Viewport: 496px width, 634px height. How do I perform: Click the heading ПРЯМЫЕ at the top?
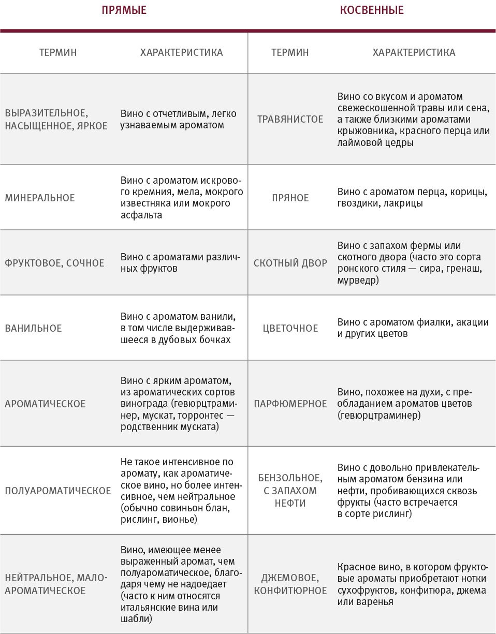pos(124,10)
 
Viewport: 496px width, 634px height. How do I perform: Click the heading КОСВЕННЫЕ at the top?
pos(372,10)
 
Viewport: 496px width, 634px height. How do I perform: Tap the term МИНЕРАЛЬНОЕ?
pos(40,198)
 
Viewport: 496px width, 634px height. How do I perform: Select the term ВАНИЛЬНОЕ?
pos(33,328)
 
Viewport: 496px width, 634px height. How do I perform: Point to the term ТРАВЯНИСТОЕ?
pos(290,119)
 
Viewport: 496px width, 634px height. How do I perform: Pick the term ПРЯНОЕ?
pos(290,198)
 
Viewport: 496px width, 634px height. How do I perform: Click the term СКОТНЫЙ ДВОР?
pos(290,263)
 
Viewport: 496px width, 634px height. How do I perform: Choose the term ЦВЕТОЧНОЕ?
pos(290,328)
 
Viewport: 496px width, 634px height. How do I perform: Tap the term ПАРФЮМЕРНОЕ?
pos(290,404)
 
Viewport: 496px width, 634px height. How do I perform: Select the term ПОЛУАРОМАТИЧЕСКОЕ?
pos(57,491)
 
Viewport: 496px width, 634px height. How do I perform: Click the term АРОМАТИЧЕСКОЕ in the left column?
pos(45,404)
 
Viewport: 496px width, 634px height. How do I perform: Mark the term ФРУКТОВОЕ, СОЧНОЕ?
pos(54,263)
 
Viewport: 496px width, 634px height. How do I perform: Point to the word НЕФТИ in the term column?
pos(290,503)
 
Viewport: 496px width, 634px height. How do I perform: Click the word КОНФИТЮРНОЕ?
pos(290,591)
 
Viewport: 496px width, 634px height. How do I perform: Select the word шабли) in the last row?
pos(136,618)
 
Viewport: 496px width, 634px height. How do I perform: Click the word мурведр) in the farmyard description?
pos(358,280)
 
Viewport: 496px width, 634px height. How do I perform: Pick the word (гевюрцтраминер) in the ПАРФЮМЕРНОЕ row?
pos(379,416)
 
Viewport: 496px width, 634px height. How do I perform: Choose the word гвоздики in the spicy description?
pos(359,203)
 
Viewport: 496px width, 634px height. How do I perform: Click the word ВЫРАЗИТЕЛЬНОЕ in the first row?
pos(45,113)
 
